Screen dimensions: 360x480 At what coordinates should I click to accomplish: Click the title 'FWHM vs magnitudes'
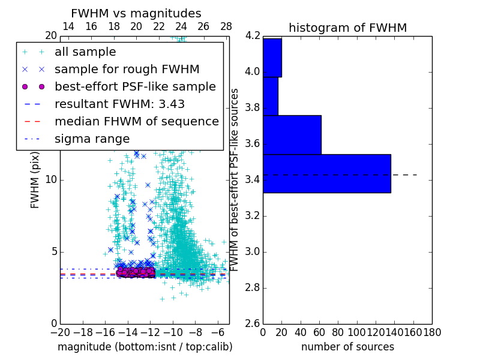tap(136, 13)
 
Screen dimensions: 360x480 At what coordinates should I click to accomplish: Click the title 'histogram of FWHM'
tap(347, 28)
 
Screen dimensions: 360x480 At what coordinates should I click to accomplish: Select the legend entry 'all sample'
tap(85, 52)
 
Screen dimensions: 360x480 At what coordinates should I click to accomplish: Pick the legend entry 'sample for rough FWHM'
tap(127, 69)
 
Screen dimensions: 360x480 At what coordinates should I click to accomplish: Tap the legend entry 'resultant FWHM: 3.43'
tap(119, 104)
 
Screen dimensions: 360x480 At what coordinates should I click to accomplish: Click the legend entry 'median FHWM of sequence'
tap(136, 121)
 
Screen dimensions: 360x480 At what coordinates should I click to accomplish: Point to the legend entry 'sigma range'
tap(92, 139)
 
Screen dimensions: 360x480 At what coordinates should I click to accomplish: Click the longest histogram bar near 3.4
tap(326, 173)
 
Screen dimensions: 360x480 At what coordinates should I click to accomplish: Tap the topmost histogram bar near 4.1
tap(272, 58)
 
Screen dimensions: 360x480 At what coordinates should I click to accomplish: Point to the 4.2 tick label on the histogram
tap(253, 35)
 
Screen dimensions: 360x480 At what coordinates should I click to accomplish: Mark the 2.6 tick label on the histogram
tap(253, 323)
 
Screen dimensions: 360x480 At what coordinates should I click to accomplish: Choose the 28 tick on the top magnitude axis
tap(226, 26)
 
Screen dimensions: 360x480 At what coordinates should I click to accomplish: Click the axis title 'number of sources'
tap(347, 347)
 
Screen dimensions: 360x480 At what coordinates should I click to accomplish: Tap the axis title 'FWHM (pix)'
tap(35, 179)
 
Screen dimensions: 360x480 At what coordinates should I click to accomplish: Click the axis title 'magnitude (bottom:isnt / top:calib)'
tap(145, 347)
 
